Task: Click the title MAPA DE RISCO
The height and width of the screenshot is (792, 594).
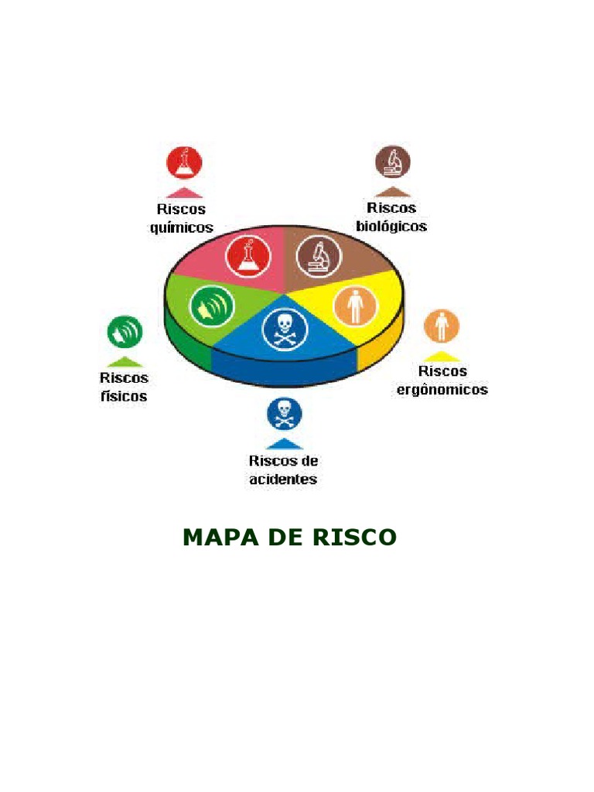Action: point(289,538)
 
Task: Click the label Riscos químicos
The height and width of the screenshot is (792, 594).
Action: point(182,218)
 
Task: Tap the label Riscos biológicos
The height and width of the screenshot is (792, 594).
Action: point(391,217)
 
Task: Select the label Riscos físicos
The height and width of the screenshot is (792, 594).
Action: point(124,387)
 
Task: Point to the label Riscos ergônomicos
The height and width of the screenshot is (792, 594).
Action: point(442,381)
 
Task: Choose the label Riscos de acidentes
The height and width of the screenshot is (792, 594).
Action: point(283,469)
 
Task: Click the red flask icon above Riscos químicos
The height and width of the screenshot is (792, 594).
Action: point(184,162)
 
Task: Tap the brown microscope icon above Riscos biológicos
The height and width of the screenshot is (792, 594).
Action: point(393,162)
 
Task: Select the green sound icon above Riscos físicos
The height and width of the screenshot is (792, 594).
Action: point(125,333)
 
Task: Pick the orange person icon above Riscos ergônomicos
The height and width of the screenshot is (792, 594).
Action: point(442,326)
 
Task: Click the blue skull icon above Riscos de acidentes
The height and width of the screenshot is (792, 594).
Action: point(285,414)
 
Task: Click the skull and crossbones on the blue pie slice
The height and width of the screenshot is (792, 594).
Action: point(285,329)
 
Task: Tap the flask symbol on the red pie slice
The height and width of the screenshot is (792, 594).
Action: point(248,255)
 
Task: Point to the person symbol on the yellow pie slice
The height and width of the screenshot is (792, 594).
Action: point(355,306)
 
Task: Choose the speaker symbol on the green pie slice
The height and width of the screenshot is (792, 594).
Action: point(211,307)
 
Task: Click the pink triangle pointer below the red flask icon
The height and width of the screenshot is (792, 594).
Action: point(184,193)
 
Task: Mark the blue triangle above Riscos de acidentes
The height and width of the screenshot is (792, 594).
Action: point(285,444)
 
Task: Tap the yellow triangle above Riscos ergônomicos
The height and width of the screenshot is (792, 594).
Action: point(442,357)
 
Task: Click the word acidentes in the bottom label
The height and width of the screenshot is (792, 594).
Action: point(283,479)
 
